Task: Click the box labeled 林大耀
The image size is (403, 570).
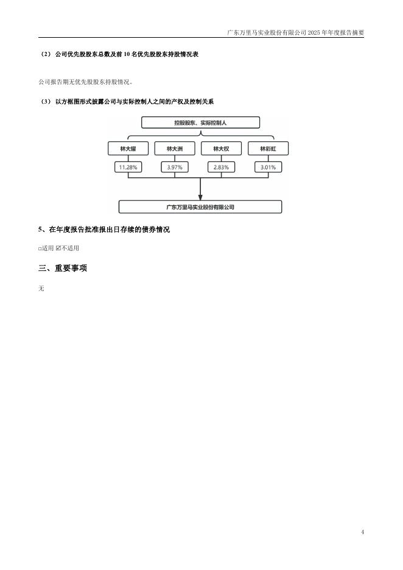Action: (127, 148)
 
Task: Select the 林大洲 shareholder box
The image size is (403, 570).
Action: (173, 148)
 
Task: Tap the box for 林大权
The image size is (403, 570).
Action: (221, 148)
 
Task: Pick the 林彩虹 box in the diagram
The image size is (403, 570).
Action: (268, 148)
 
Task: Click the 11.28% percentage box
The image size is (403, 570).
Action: (127, 167)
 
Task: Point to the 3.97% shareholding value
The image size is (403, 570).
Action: (173, 167)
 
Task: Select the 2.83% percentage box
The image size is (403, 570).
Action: (221, 167)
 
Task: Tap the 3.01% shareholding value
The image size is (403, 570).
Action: (268, 167)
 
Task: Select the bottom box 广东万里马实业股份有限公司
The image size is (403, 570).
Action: (200, 207)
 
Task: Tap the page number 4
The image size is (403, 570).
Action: (362, 533)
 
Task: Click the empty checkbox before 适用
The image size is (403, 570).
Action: (40, 248)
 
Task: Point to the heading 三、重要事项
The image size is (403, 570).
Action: (62, 268)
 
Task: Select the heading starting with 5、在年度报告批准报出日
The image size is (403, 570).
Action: (103, 230)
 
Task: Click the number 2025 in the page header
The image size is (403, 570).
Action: (314, 32)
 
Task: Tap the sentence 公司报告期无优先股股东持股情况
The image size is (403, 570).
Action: (85, 81)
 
